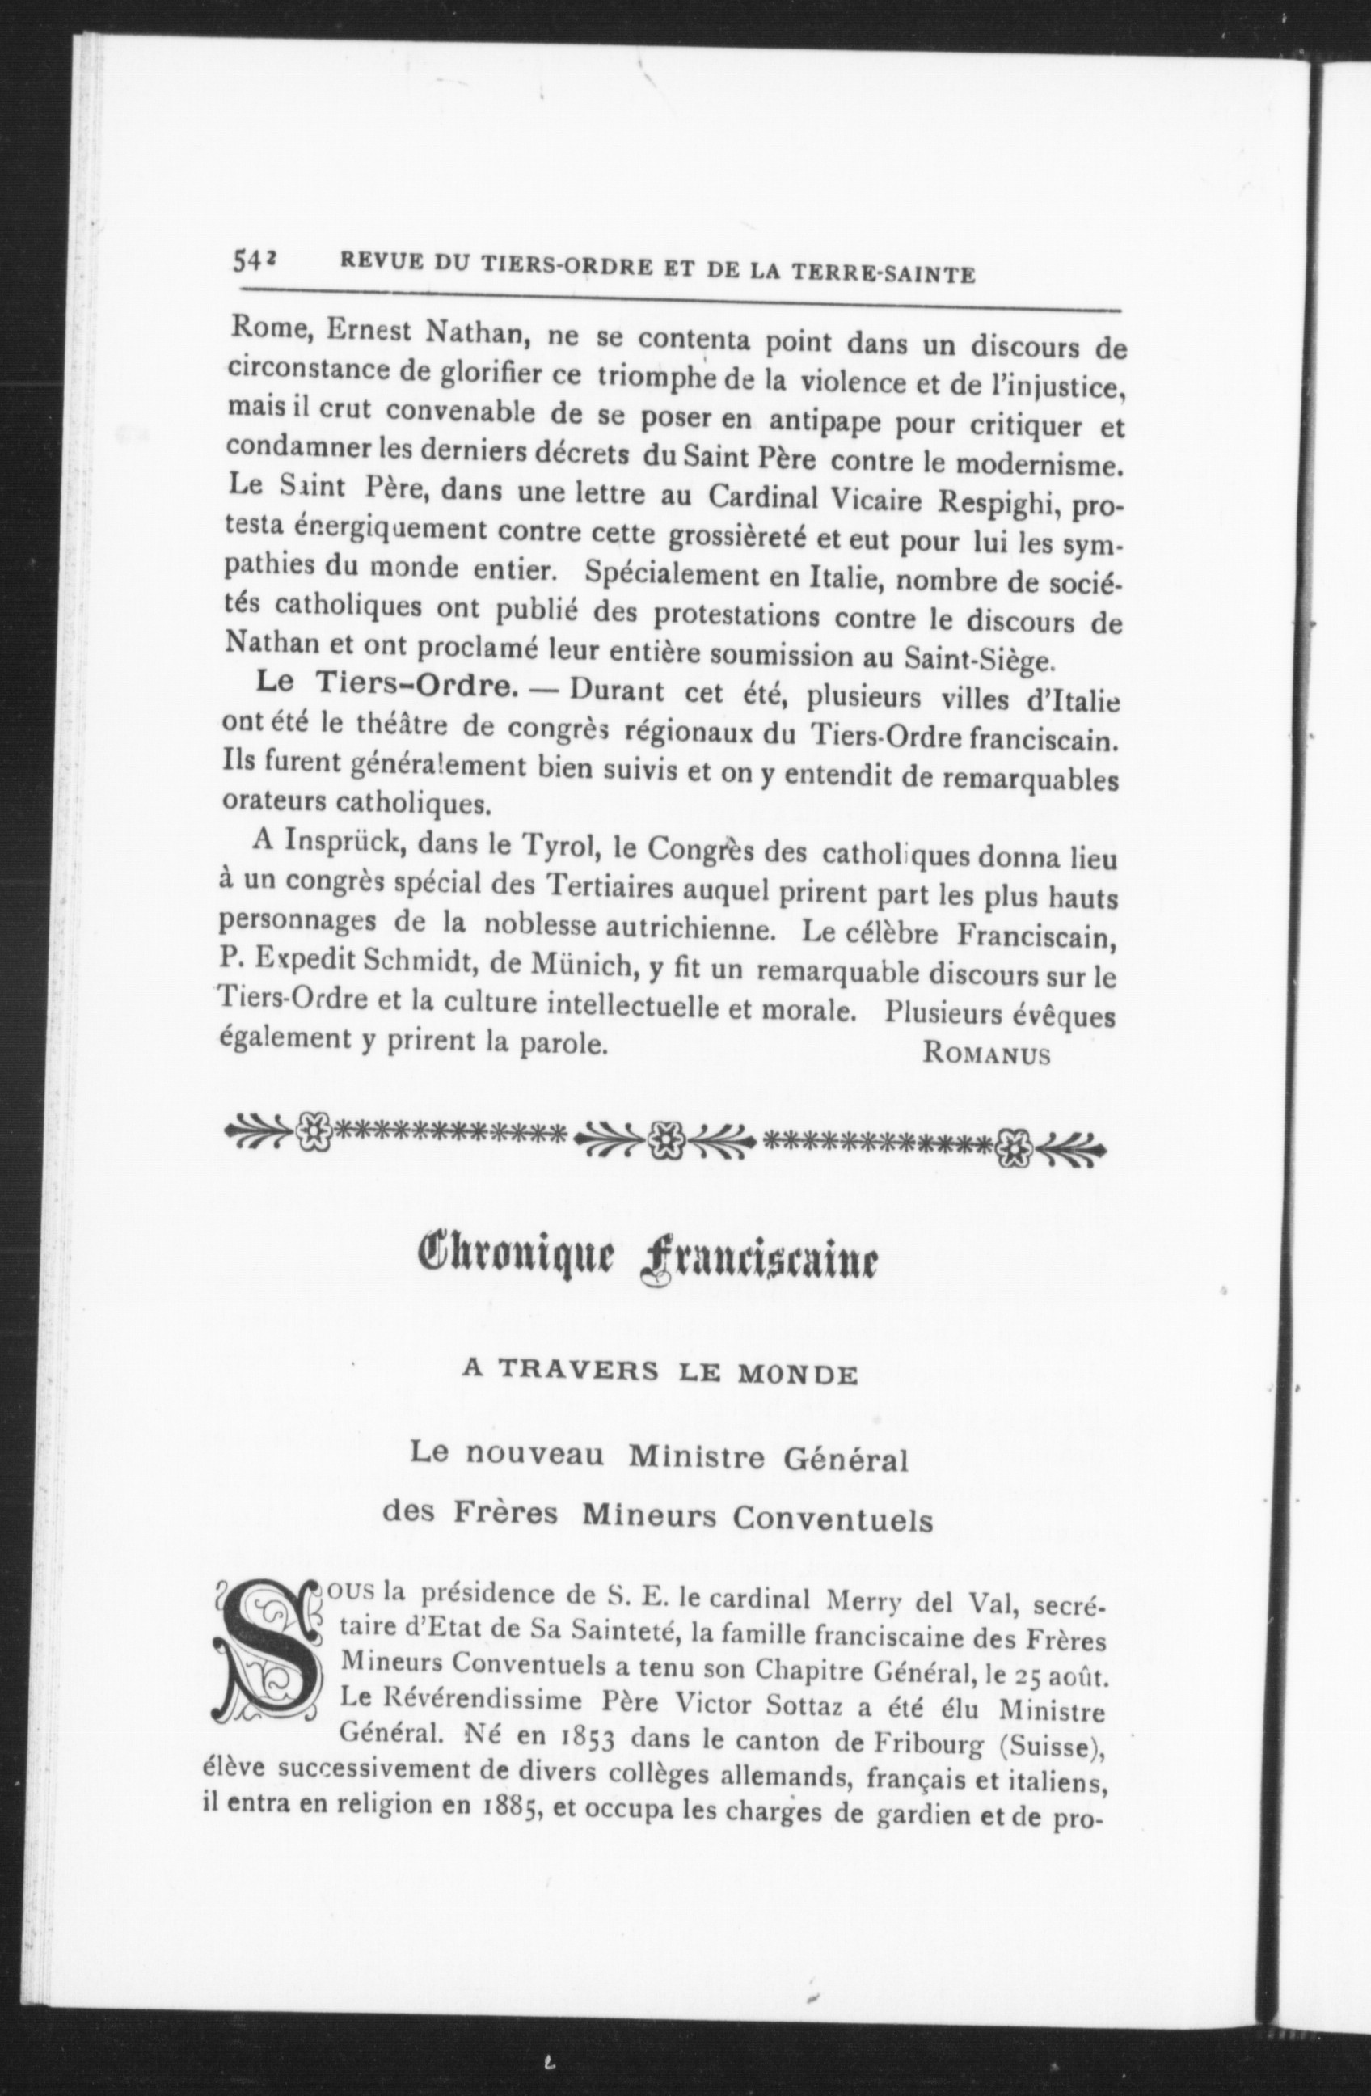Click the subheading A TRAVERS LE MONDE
point(660,1375)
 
